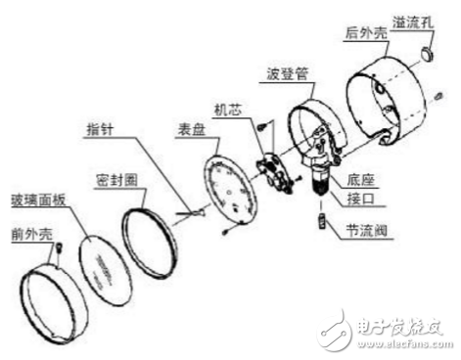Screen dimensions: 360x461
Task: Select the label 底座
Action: coord(365,180)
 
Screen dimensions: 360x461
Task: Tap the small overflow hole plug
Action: coord(427,49)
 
